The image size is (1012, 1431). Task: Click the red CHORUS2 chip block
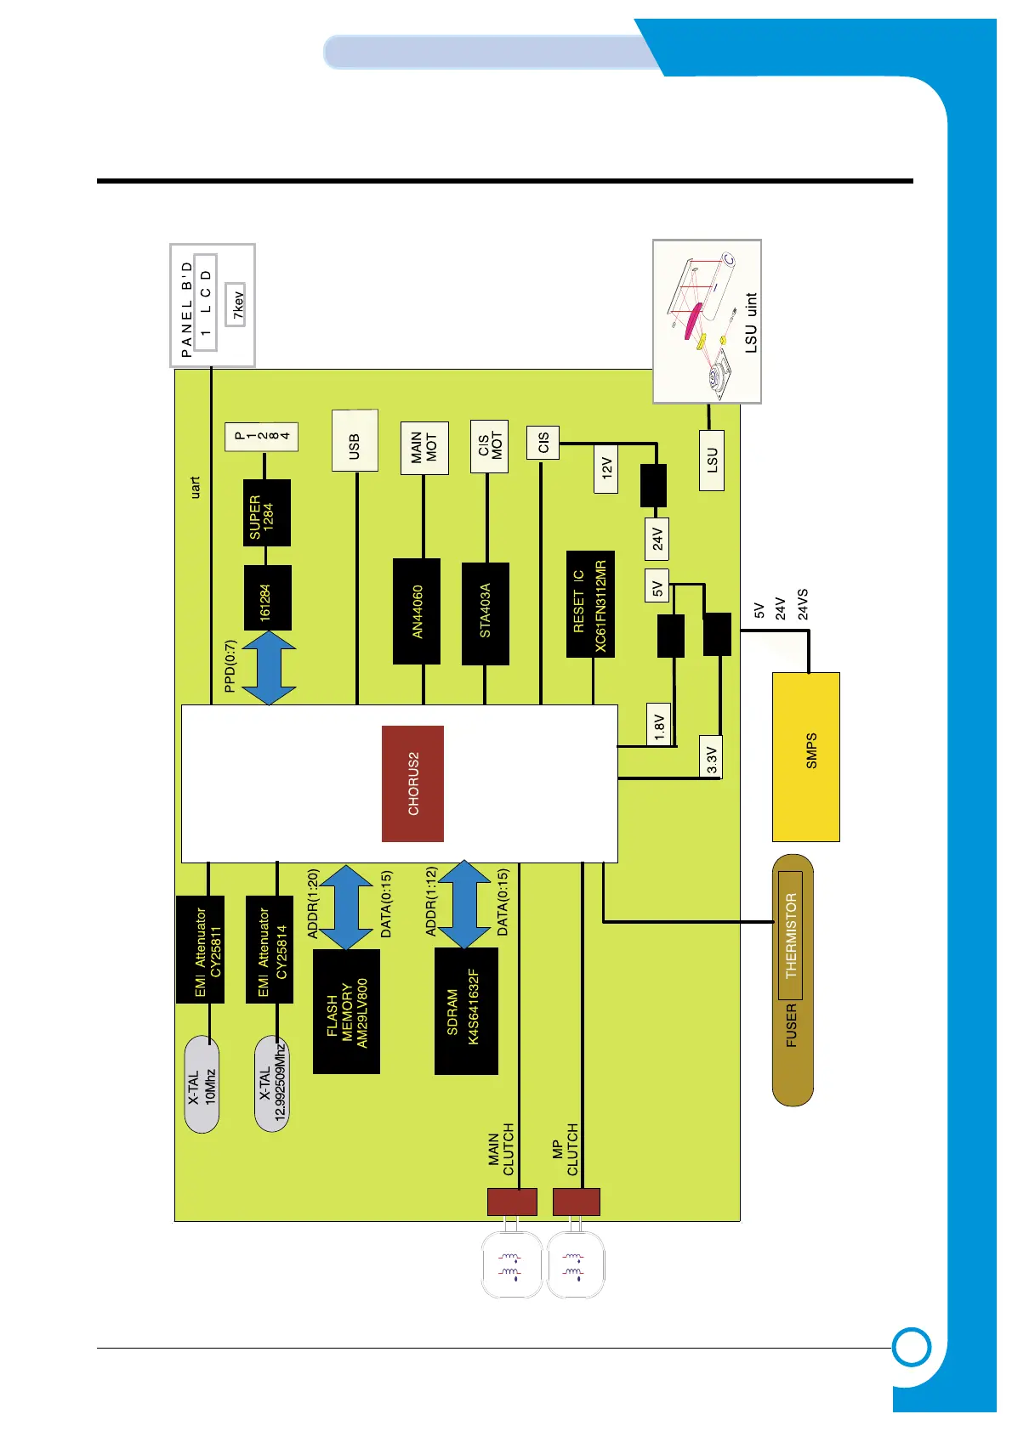point(412,783)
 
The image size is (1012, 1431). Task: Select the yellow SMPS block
point(806,756)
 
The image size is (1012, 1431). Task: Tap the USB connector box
point(355,440)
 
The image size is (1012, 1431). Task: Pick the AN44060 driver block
point(417,611)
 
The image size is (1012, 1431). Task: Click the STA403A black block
point(486,613)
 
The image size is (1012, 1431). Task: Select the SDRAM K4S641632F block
point(465,1011)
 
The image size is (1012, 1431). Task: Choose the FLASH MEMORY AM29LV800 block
point(346,1011)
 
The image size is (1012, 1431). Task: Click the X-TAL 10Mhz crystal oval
point(202,1084)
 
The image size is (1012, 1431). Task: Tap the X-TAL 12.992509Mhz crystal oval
point(272,1084)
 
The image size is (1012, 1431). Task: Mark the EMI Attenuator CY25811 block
point(201,949)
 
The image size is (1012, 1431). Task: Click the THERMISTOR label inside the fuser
point(790,935)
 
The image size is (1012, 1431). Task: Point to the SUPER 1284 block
point(266,512)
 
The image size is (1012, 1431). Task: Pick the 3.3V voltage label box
point(712,756)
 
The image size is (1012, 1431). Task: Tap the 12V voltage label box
point(606,468)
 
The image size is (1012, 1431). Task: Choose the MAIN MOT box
point(424,447)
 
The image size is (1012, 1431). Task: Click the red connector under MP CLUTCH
point(576,1202)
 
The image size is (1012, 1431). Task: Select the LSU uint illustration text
point(750,323)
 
